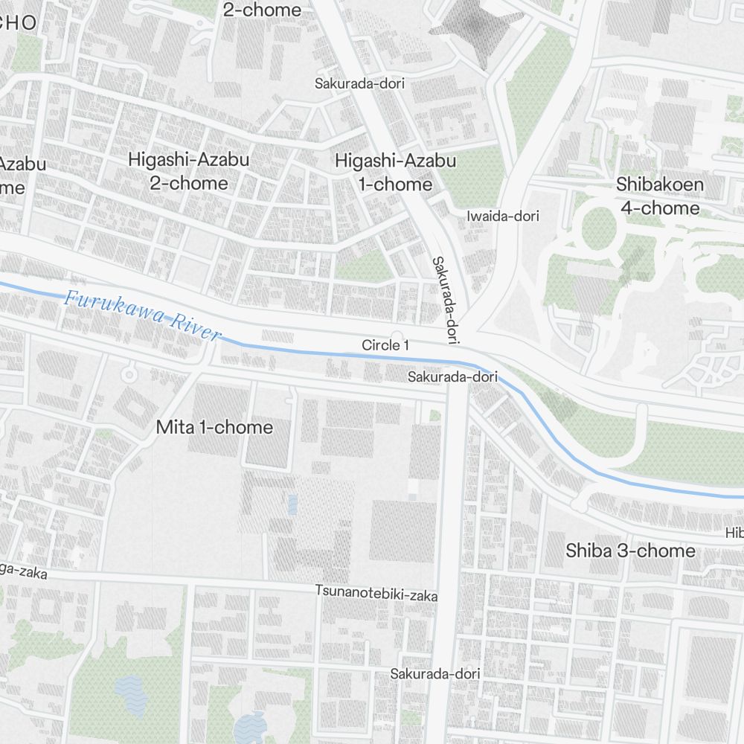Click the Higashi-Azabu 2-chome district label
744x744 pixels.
click(188, 171)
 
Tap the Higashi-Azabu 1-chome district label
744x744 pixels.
click(394, 172)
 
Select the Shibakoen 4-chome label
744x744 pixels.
click(659, 196)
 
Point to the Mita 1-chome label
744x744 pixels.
click(214, 427)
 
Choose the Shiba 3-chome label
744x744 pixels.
click(630, 551)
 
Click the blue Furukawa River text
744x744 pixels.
click(142, 315)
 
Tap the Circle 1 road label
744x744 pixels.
click(385, 345)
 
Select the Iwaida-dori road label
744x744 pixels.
click(502, 217)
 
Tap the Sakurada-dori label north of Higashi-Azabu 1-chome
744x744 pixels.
click(359, 83)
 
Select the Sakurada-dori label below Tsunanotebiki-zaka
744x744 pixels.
click(435, 674)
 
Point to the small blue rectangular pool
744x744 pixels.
click(292, 504)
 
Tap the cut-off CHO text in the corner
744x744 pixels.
click(18, 22)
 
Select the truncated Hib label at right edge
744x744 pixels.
click(734, 533)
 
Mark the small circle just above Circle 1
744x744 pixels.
click(397, 336)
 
